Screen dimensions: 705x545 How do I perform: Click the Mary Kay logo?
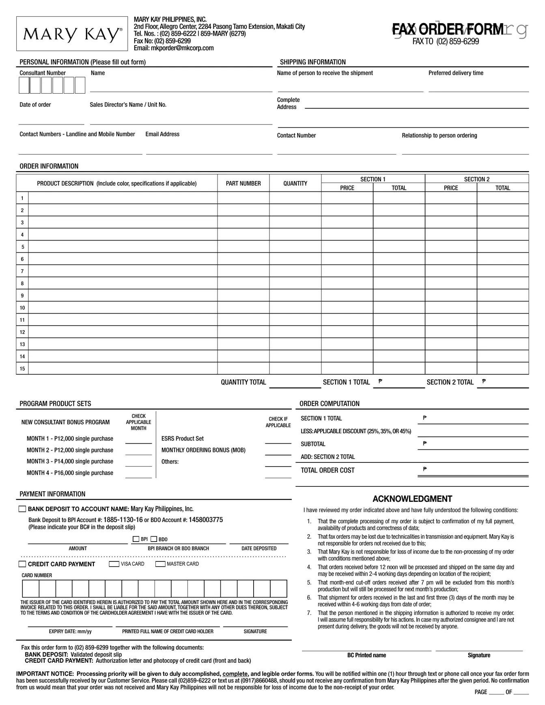click(x=72, y=34)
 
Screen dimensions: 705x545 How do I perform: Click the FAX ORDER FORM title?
click(x=448, y=30)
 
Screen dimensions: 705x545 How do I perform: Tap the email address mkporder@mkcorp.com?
click(x=174, y=48)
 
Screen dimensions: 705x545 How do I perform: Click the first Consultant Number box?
click(x=24, y=86)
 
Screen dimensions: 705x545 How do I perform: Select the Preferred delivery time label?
click(x=456, y=73)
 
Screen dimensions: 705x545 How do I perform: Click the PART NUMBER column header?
click(x=243, y=183)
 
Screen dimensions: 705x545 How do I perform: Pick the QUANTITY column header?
click(x=295, y=183)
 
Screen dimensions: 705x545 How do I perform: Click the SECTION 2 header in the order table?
click(x=476, y=179)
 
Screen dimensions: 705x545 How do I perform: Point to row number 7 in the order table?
click(x=22, y=271)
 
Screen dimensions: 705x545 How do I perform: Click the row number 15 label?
click(x=22, y=369)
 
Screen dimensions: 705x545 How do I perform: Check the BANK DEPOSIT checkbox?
click(x=22, y=509)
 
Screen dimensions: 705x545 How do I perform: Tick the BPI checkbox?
click(x=136, y=539)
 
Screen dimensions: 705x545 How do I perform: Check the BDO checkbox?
click(x=154, y=539)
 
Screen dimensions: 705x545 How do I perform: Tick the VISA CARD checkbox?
click(x=114, y=564)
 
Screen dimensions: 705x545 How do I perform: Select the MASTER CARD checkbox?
click(x=160, y=564)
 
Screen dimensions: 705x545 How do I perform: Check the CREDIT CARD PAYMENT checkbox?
click(x=22, y=564)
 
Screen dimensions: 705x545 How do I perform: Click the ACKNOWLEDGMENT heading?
click(x=412, y=499)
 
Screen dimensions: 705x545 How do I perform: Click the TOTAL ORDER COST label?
click(x=327, y=471)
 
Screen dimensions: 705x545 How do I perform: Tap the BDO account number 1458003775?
click(x=206, y=520)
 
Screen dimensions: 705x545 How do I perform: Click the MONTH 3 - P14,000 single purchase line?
click(x=70, y=462)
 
